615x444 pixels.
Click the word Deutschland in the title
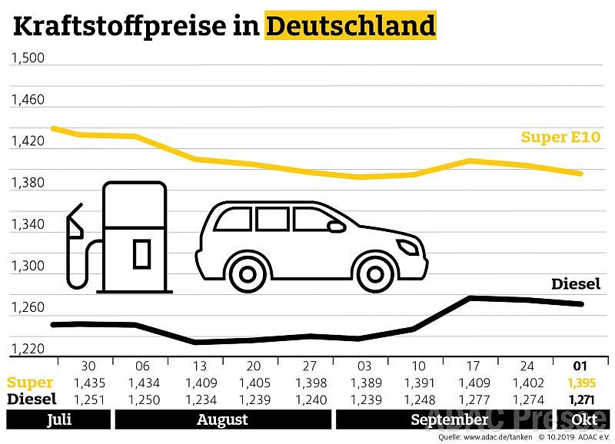coord(351,26)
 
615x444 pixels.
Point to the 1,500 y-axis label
coord(28,58)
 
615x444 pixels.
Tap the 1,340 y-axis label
coord(28,225)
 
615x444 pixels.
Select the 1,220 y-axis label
coord(28,350)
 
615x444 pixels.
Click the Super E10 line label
coord(560,138)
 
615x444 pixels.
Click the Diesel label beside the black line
coord(576,283)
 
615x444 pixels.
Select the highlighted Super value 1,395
coord(580,383)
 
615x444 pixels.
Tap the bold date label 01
coord(580,365)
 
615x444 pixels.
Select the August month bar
coord(222,419)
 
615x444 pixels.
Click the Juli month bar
coord(56,419)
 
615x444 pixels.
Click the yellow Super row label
coord(31,383)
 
